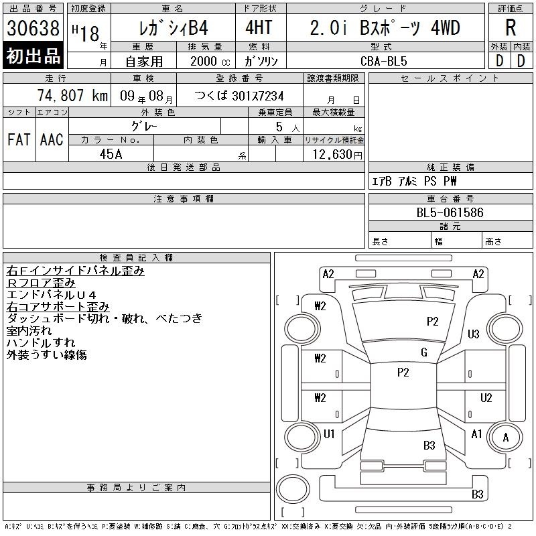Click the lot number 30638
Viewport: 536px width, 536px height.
(33, 28)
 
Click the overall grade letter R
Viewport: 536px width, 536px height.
(511, 27)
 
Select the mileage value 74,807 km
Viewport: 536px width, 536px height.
(72, 95)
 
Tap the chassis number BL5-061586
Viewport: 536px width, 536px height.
(450, 212)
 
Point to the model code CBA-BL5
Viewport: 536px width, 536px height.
(383, 61)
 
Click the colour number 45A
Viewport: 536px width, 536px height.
(111, 154)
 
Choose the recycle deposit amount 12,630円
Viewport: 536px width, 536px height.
(337, 155)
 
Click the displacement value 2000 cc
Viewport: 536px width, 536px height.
(210, 62)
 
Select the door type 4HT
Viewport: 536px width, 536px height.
(259, 27)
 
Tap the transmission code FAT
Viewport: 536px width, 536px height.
(19, 139)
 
